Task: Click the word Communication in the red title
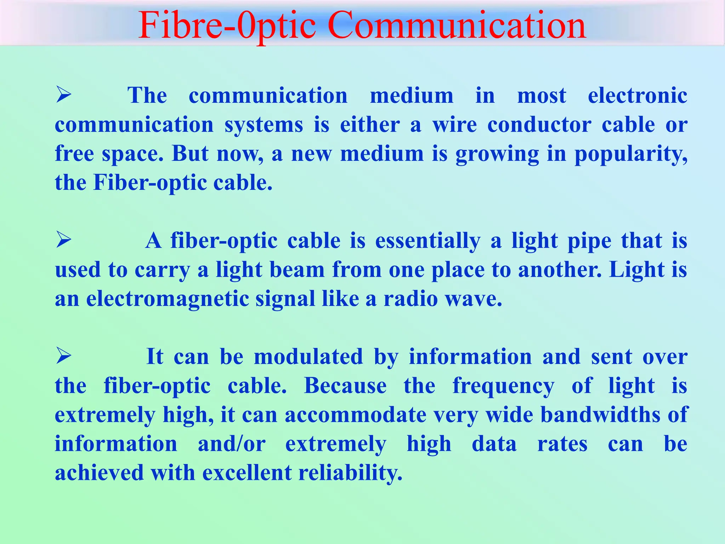(x=457, y=25)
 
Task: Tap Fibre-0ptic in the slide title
(x=227, y=25)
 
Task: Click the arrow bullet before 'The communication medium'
(x=64, y=95)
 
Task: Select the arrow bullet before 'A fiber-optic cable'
(x=64, y=240)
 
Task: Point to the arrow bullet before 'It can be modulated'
(x=64, y=356)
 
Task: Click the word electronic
(x=637, y=96)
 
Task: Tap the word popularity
(x=630, y=154)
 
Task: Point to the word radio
(x=411, y=299)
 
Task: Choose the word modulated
(x=308, y=356)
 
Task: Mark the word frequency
(x=503, y=386)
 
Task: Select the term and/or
(x=232, y=443)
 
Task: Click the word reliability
(x=350, y=473)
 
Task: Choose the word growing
(x=497, y=154)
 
